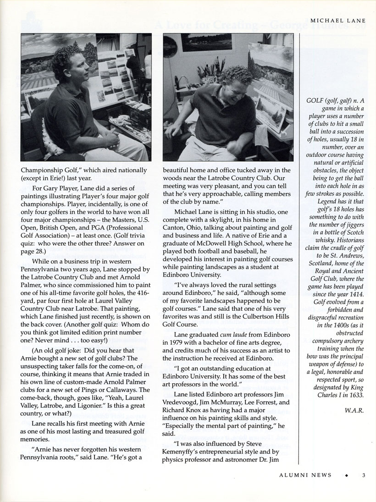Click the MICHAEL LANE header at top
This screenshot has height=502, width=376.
coord(337,21)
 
